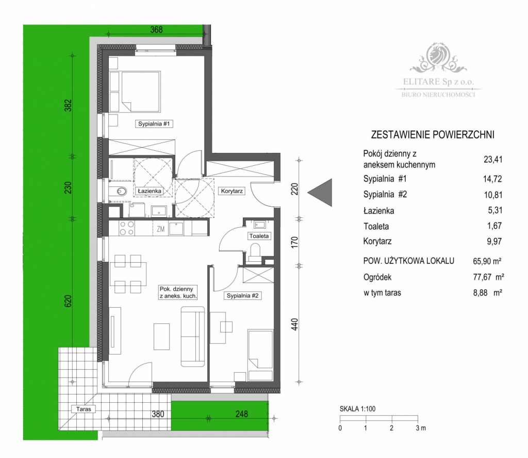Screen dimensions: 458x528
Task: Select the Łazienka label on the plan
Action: click(x=150, y=191)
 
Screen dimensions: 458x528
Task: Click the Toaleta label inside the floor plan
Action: click(x=258, y=236)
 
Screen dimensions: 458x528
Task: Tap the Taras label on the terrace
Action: click(x=82, y=409)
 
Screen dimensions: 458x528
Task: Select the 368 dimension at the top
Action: click(x=156, y=30)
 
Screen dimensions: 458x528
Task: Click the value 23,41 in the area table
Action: click(x=492, y=160)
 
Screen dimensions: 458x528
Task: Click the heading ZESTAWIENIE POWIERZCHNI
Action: click(x=433, y=135)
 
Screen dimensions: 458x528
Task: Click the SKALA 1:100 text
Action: click(x=357, y=409)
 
